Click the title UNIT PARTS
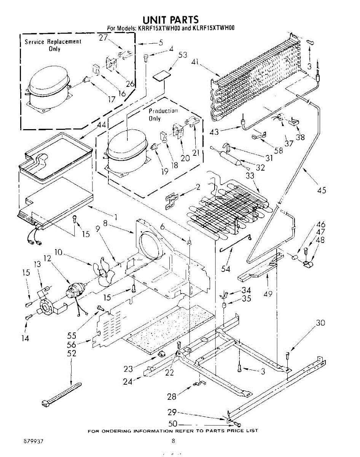pos(170,19)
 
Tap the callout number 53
pos(183,55)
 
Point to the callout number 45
pos(322,190)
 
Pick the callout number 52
pos(71,353)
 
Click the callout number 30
pos(320,323)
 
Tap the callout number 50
pos(173,424)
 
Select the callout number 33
pos(250,176)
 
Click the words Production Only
pos(163,115)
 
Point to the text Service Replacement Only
pos(53,45)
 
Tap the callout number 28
pos(172,396)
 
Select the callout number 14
pos(25,338)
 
